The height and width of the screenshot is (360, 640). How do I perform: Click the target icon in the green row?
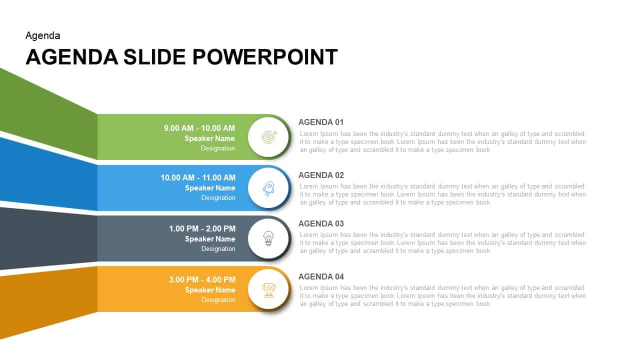[x=268, y=136]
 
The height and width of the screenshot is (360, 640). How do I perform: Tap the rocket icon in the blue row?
[x=268, y=188]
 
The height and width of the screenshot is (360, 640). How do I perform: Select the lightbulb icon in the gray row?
[x=268, y=238]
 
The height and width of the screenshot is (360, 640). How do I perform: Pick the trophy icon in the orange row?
[x=269, y=289]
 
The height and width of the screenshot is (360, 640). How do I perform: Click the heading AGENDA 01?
[x=321, y=122]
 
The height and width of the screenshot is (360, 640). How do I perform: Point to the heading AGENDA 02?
[x=321, y=175]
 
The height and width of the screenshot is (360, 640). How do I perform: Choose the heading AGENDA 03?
[x=321, y=223]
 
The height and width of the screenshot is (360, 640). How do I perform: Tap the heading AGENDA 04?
[x=321, y=276]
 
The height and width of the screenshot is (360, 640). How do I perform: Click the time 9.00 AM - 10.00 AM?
[x=199, y=128]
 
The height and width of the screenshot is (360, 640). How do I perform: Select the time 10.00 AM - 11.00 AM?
[x=198, y=177]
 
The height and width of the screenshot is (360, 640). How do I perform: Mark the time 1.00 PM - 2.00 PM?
[x=202, y=228]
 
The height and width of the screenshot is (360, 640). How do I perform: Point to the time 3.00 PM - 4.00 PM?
[x=202, y=279]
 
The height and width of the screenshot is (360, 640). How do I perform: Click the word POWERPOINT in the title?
[x=265, y=57]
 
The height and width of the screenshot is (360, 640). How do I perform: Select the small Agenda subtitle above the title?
[x=43, y=35]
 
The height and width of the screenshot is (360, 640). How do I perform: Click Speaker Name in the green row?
[x=209, y=138]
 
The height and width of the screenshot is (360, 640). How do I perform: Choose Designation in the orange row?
[x=218, y=299]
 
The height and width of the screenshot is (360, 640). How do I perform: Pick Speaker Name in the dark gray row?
[x=210, y=239]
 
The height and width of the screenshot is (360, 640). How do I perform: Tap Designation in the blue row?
[x=218, y=197]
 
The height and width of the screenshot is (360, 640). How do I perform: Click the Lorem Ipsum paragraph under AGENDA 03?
[x=442, y=242]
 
